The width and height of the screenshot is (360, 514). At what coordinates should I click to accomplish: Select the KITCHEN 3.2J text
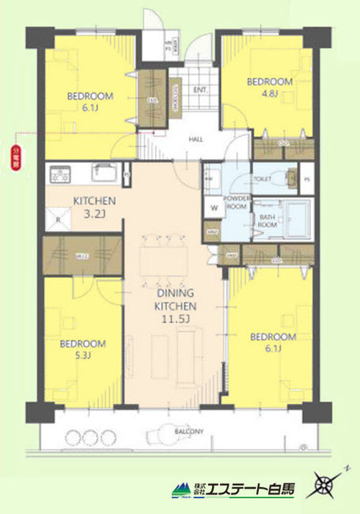96,206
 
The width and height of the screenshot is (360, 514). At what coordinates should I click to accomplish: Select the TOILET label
264,181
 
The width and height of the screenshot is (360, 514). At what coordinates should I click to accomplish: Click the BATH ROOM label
268,220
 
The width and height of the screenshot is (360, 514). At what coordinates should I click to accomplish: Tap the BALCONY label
190,431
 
